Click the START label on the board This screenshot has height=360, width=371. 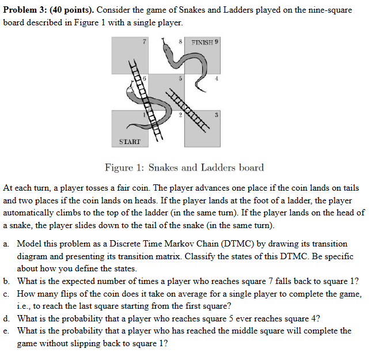pos(130,141)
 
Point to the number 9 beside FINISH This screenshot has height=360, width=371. pos(217,42)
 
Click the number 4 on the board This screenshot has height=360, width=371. pos(216,79)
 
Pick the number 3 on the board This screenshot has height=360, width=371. pos(215,115)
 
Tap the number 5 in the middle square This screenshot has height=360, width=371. pos(180,79)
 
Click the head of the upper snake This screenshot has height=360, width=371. pos(166,44)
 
